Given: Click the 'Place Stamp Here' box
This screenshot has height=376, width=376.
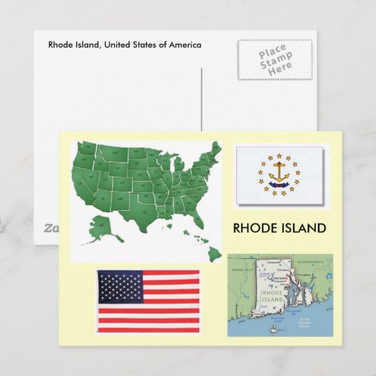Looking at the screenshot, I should [275, 60].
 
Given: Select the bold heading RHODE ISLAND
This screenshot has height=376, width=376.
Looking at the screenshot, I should [280, 228].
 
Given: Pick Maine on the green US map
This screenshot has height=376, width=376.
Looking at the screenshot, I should [215, 151].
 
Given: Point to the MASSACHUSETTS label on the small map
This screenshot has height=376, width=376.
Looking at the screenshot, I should [311, 259].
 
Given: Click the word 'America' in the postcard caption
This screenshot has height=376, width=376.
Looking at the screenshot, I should [184, 45].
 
